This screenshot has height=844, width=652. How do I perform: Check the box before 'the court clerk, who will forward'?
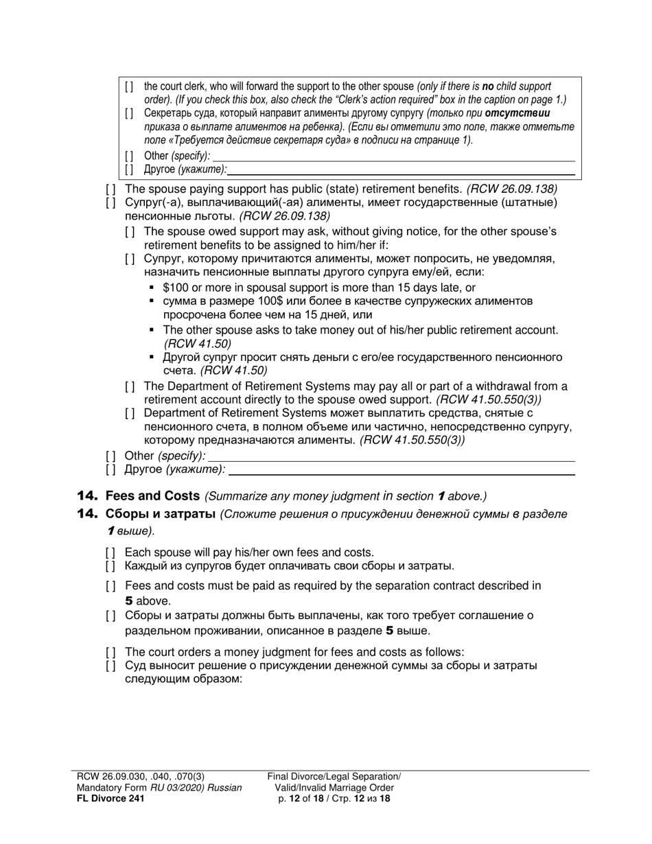coord(130,86)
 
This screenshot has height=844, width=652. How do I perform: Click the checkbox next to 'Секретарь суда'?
coord(130,113)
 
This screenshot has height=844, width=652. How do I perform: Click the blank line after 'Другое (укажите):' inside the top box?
coord(401,169)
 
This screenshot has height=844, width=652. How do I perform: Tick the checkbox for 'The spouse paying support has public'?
coord(110,189)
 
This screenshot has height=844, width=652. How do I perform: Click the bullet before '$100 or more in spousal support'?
coord(152,288)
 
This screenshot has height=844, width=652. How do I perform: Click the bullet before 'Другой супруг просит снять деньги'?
coord(152,357)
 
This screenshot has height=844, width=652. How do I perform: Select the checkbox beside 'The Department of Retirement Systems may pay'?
coord(130,386)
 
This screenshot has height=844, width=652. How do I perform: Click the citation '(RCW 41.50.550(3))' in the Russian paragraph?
coord(412,441)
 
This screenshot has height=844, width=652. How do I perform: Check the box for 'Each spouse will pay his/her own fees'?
coord(110,552)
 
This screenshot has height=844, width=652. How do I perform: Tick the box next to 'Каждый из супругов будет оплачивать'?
coord(110,566)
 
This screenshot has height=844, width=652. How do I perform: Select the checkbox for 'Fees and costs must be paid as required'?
coord(110,586)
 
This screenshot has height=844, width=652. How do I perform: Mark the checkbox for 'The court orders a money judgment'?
coord(110,652)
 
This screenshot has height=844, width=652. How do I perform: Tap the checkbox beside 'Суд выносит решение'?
coord(110,666)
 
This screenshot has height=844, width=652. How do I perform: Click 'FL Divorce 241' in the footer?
coord(110,798)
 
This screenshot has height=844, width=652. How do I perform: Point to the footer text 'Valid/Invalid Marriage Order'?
coord(334,788)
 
